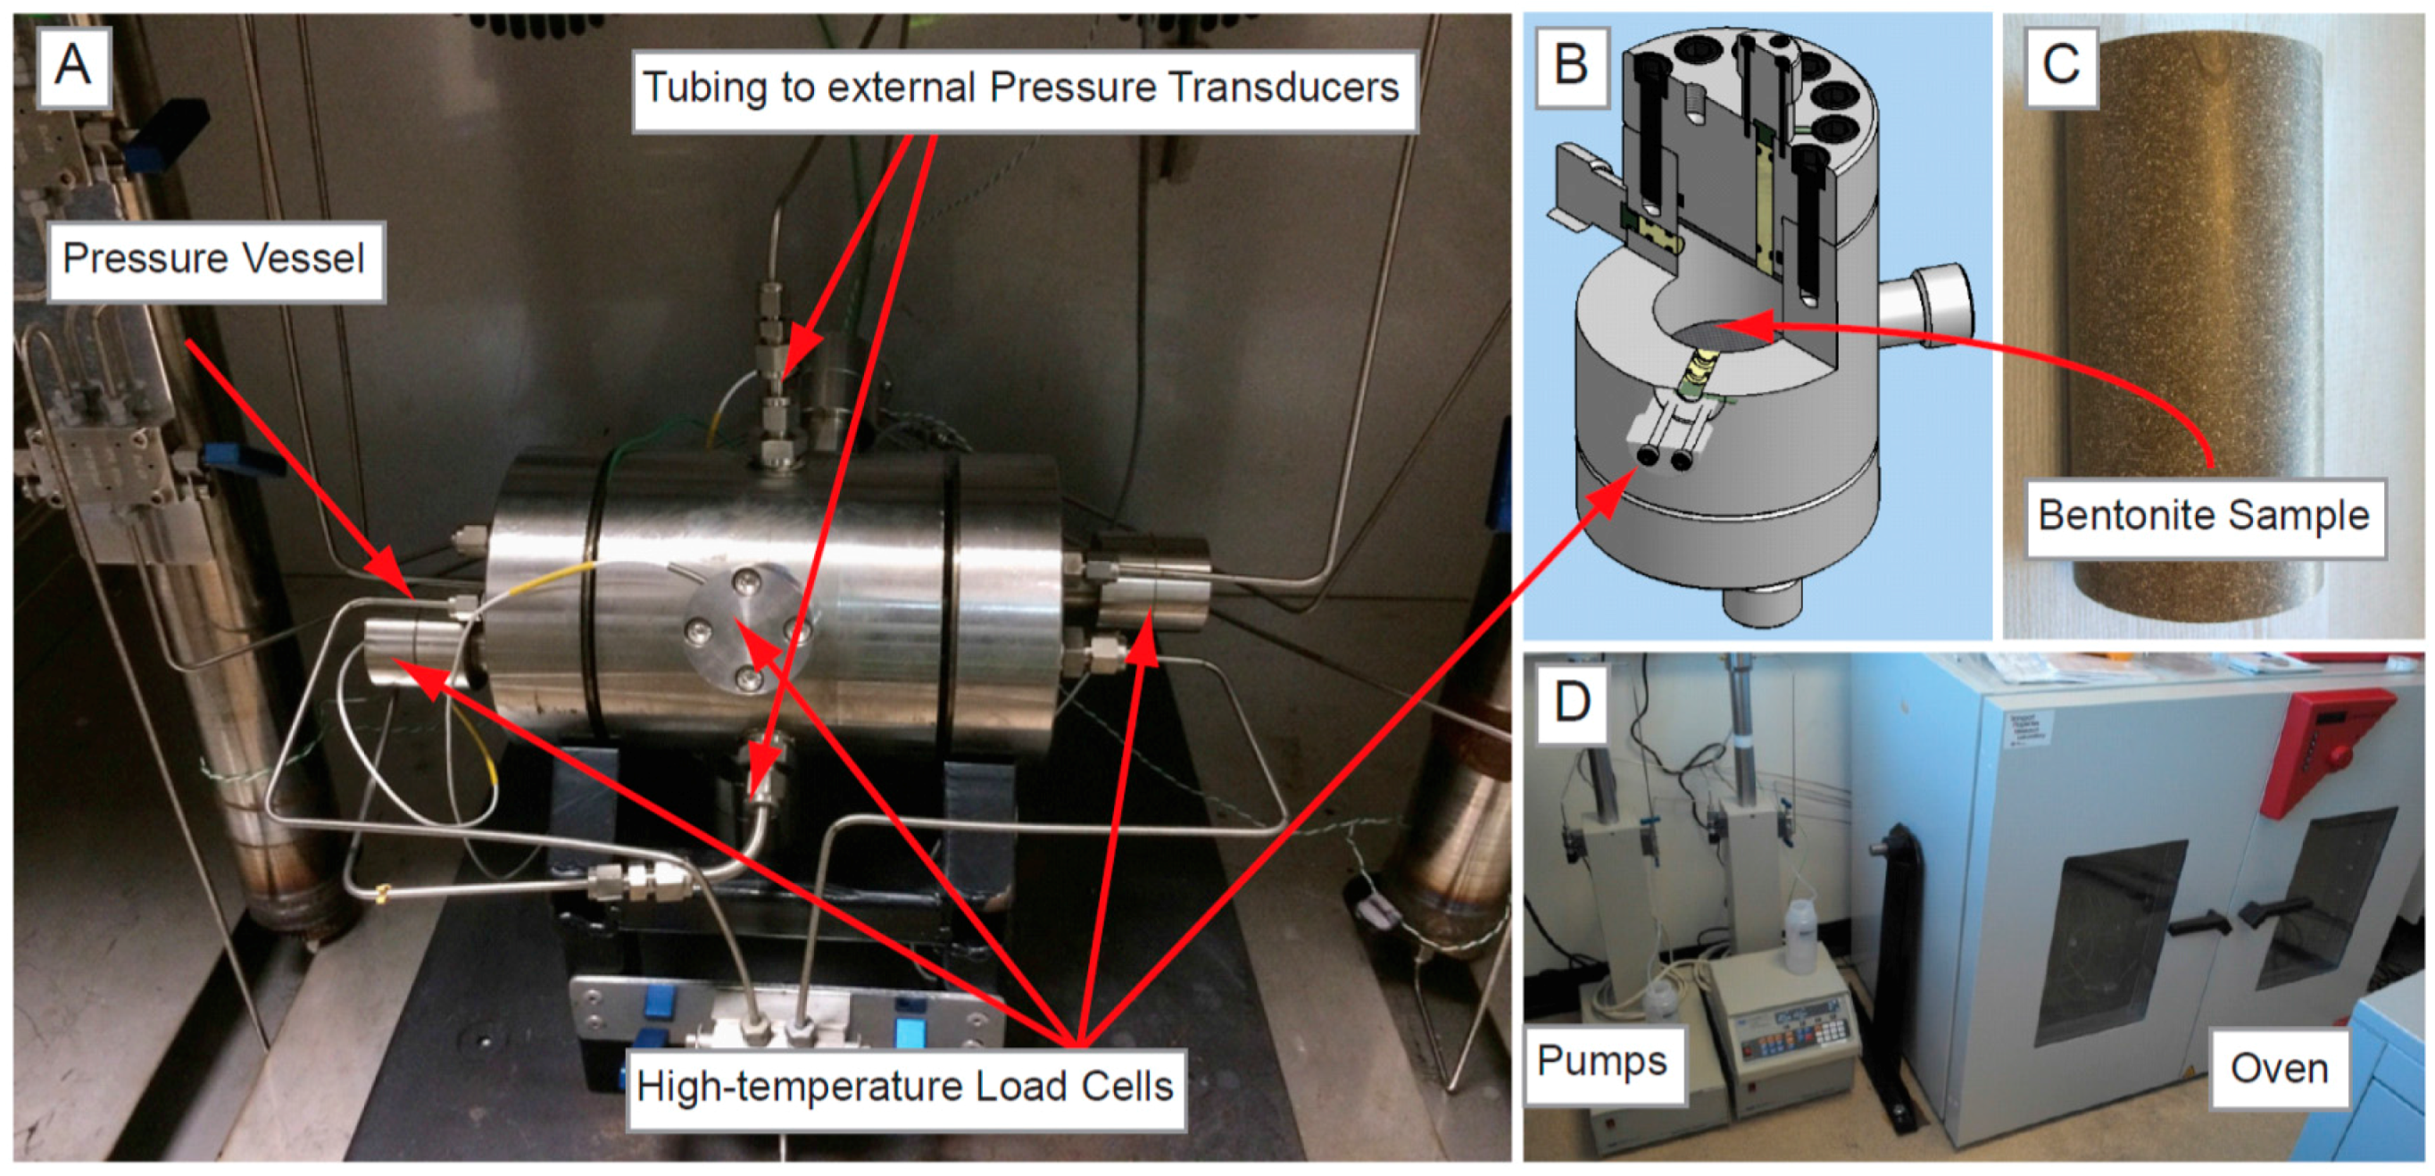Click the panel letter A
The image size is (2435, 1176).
tap(73, 65)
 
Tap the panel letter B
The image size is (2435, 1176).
tap(1570, 65)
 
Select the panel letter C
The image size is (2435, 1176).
tap(2061, 65)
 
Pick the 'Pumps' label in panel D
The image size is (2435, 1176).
tap(1602, 1061)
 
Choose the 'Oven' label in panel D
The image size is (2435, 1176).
tap(2278, 1068)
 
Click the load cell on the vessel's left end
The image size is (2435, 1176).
tap(406, 652)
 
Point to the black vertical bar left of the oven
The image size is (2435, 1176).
tap(1900, 973)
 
